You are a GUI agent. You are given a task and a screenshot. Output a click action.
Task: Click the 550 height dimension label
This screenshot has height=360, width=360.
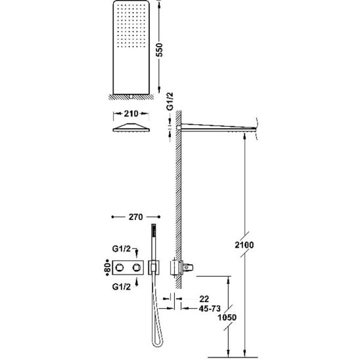pos(159,49)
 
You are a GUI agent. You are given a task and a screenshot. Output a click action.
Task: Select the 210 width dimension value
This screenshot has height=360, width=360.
pos(131,114)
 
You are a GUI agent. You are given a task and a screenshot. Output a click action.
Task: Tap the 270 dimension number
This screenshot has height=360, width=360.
pos(136,217)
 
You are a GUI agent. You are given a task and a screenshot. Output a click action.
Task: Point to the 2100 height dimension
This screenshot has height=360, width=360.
pos(244,245)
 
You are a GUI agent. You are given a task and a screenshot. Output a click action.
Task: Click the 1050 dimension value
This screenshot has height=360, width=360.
pos(227,317)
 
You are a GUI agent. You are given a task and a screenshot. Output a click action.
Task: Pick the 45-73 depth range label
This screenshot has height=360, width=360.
pos(210,309)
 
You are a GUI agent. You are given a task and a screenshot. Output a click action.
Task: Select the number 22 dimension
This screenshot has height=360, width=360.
pos(204,299)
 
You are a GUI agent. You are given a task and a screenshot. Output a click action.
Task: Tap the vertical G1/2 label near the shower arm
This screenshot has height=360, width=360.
pos(170,101)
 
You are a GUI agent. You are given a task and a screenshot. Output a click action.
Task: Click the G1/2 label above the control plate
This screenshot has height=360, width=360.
pos(122,248)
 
